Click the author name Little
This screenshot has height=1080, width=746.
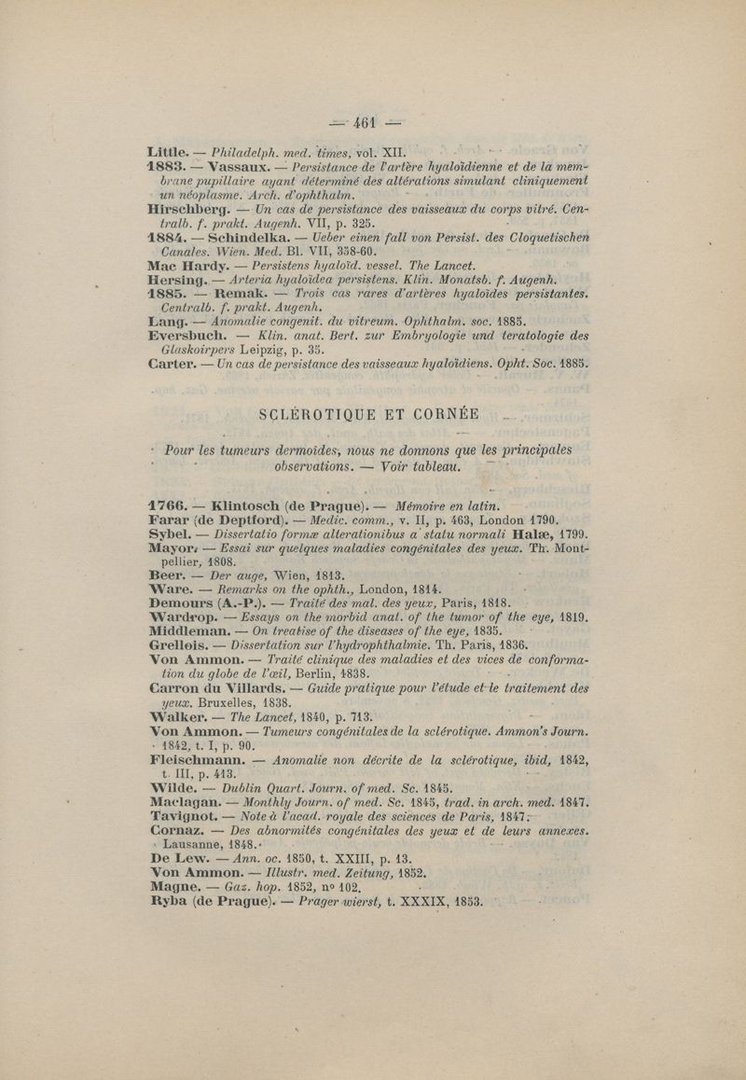168,150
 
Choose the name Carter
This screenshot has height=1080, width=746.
173,368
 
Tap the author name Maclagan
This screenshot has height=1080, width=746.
191,786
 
